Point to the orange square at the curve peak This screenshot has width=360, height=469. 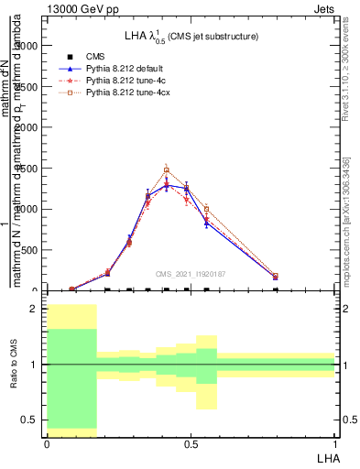pyautogui.click(x=167, y=169)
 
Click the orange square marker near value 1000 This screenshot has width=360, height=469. pyautogui.click(x=207, y=209)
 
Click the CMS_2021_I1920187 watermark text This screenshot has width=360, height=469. pyautogui.click(x=191, y=273)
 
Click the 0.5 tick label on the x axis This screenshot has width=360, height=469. pyautogui.click(x=191, y=443)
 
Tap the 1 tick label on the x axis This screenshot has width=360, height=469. pyautogui.click(x=335, y=443)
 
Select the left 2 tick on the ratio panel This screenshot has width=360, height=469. pyautogui.click(x=35, y=309)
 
